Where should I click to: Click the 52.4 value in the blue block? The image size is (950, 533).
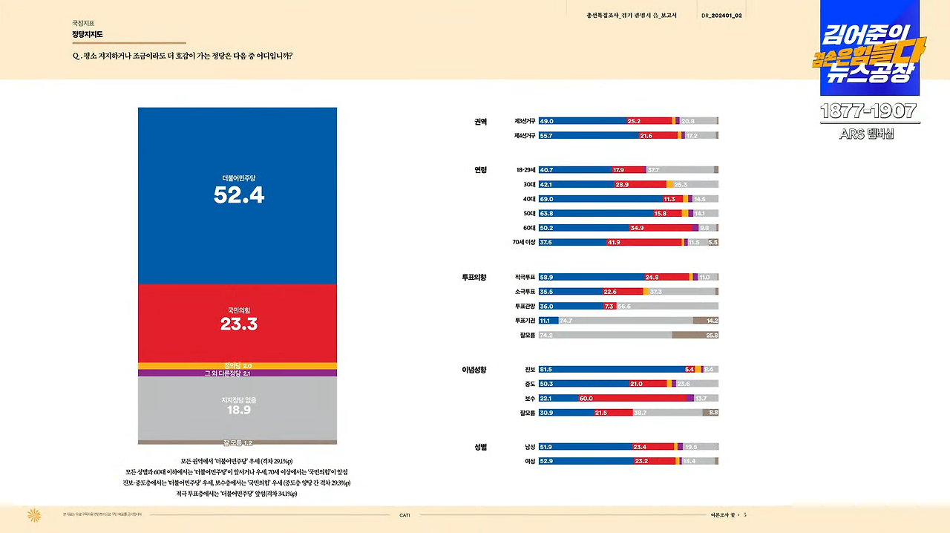point(239,195)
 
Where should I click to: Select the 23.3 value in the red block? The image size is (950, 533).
point(239,324)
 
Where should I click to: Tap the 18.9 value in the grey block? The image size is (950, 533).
point(239,409)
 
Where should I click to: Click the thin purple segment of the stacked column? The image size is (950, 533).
point(237,373)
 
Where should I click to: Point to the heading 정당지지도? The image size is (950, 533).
point(88,34)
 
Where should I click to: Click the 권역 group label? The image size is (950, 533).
point(481,122)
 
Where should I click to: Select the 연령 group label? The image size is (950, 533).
point(481,170)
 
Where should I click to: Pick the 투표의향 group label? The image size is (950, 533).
point(474,277)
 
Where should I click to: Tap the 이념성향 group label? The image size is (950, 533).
point(474,369)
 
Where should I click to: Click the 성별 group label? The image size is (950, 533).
point(481,447)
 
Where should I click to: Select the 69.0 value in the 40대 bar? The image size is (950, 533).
point(546,199)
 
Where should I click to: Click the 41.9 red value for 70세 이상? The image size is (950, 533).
point(614,242)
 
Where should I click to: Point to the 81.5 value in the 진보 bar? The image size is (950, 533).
point(546,369)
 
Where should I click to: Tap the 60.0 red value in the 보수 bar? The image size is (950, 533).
point(586,398)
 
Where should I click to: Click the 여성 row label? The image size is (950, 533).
point(529,461)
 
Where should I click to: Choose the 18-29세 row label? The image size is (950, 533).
point(525,170)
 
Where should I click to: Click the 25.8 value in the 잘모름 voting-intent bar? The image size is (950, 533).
point(710,335)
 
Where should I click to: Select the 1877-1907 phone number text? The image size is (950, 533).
point(868,111)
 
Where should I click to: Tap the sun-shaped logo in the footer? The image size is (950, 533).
point(33,515)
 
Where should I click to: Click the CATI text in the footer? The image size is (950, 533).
point(404,515)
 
